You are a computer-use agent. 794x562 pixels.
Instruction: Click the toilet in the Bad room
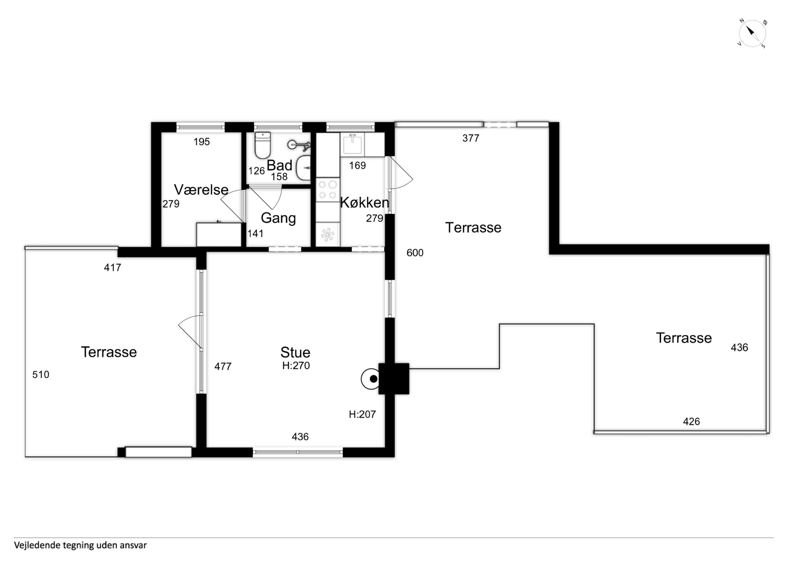click(263, 145)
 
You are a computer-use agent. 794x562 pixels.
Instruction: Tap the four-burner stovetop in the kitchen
click(327, 190)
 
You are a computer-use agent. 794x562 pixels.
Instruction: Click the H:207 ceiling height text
click(362, 414)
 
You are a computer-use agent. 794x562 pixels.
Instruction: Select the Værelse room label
click(201, 189)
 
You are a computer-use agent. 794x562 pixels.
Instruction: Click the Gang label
click(278, 218)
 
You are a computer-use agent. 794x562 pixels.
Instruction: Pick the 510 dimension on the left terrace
click(41, 374)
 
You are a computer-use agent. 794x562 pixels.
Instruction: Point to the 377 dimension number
click(471, 138)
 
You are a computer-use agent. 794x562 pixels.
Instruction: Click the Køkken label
click(364, 203)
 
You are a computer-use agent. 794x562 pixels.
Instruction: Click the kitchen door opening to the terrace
click(401, 173)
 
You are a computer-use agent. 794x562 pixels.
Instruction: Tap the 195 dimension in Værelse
click(202, 142)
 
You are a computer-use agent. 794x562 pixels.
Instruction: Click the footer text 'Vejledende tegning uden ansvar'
click(80, 545)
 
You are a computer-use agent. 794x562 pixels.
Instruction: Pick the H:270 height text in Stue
click(296, 365)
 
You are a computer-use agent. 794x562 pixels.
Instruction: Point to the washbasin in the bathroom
click(303, 168)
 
